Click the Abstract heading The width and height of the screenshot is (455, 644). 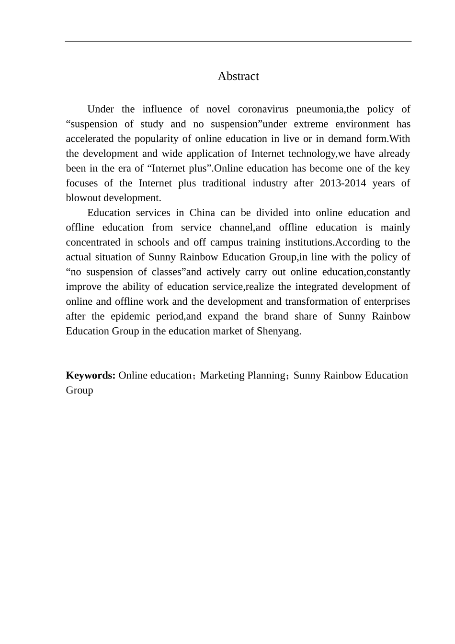(238, 76)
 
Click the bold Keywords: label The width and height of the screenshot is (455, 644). (91, 375)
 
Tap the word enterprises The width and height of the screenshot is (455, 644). (386, 301)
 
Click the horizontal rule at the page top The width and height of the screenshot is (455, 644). (238, 41)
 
